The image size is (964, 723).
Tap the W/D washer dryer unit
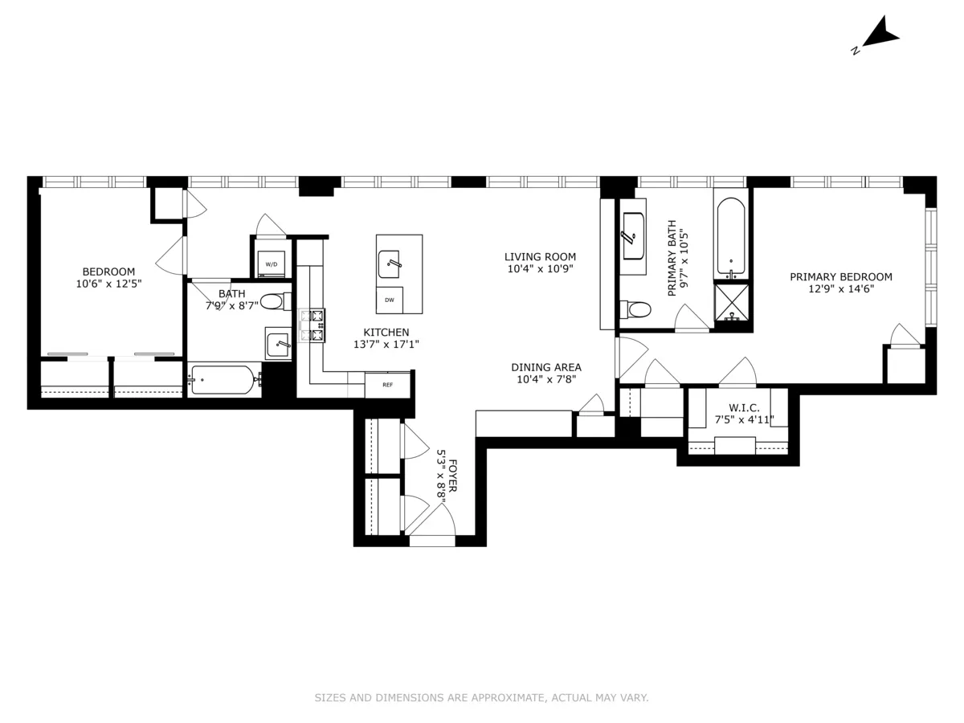point(272,264)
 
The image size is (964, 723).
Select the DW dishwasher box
point(390,300)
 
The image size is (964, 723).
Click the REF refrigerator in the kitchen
point(387,385)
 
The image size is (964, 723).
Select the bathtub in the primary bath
point(730,237)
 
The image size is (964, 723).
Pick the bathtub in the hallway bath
point(223,379)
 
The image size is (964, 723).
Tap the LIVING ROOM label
point(540,257)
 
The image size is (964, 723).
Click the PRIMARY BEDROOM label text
point(840,277)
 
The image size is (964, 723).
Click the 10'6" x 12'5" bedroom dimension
point(108,284)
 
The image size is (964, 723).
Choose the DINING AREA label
point(545,367)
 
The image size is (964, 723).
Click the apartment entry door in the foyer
point(432,530)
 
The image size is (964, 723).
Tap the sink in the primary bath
point(632,236)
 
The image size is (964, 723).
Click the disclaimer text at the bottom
point(481,698)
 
